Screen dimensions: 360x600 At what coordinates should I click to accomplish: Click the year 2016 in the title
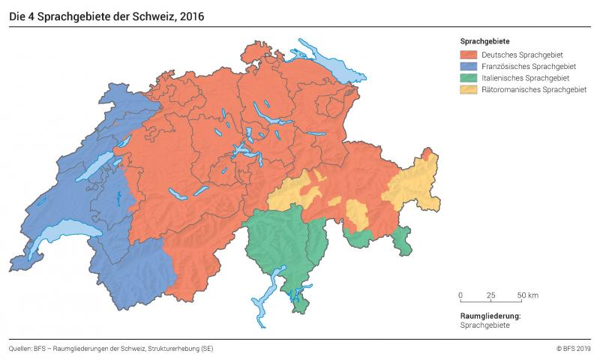pos(190,15)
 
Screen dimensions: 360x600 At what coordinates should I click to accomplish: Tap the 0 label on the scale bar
pos(460,295)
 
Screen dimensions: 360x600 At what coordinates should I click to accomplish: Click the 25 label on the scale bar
pos(490,295)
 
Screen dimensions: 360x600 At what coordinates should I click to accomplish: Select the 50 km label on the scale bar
pos(527,295)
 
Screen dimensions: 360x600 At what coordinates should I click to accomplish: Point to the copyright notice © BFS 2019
pos(573,348)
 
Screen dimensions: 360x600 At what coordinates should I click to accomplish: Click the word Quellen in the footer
pos(20,348)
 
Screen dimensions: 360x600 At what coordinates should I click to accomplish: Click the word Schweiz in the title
pos(147,15)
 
